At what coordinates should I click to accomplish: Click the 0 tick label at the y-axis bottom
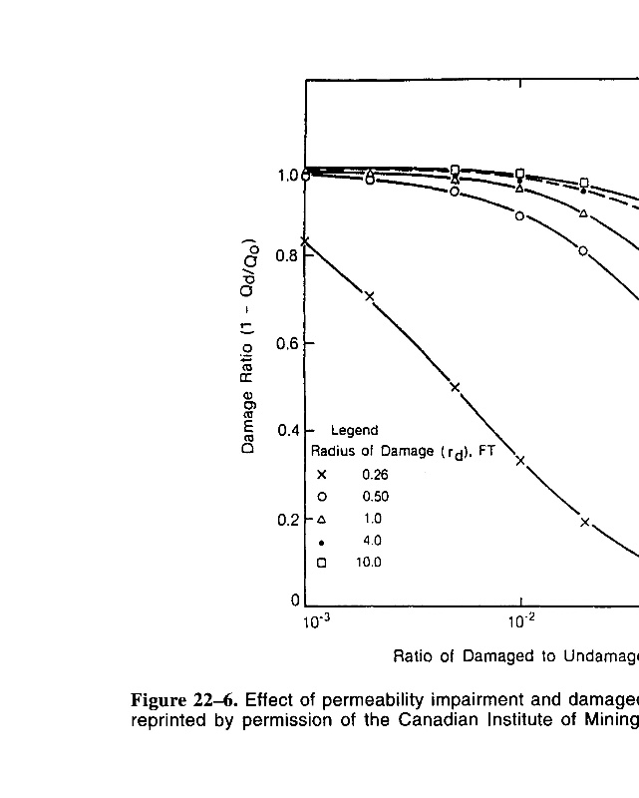pyautogui.click(x=295, y=600)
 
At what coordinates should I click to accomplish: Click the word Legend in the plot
pyautogui.click(x=354, y=431)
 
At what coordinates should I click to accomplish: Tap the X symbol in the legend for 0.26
pyautogui.click(x=322, y=475)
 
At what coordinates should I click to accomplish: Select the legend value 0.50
pyautogui.click(x=375, y=497)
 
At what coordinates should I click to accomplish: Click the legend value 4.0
pyautogui.click(x=371, y=541)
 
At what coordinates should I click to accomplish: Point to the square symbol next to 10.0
pyautogui.click(x=322, y=563)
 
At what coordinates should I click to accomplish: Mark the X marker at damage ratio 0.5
pyautogui.click(x=456, y=387)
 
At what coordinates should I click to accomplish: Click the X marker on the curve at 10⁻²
pyautogui.click(x=520, y=461)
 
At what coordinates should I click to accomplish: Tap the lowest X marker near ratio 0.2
pyautogui.click(x=585, y=522)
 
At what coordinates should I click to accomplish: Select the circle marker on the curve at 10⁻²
pyautogui.click(x=520, y=215)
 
